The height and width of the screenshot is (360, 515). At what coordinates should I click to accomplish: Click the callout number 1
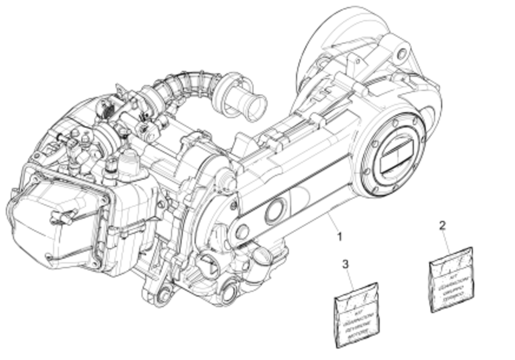point(340,235)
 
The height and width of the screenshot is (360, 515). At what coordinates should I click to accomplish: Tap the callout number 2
point(442,225)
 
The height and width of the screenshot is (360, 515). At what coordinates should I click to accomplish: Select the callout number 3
point(345,263)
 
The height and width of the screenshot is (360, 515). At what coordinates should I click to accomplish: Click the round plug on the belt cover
point(274,211)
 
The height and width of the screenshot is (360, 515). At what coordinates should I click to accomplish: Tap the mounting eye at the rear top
point(402,53)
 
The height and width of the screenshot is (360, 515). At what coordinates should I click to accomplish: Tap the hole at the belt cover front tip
point(242,231)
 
